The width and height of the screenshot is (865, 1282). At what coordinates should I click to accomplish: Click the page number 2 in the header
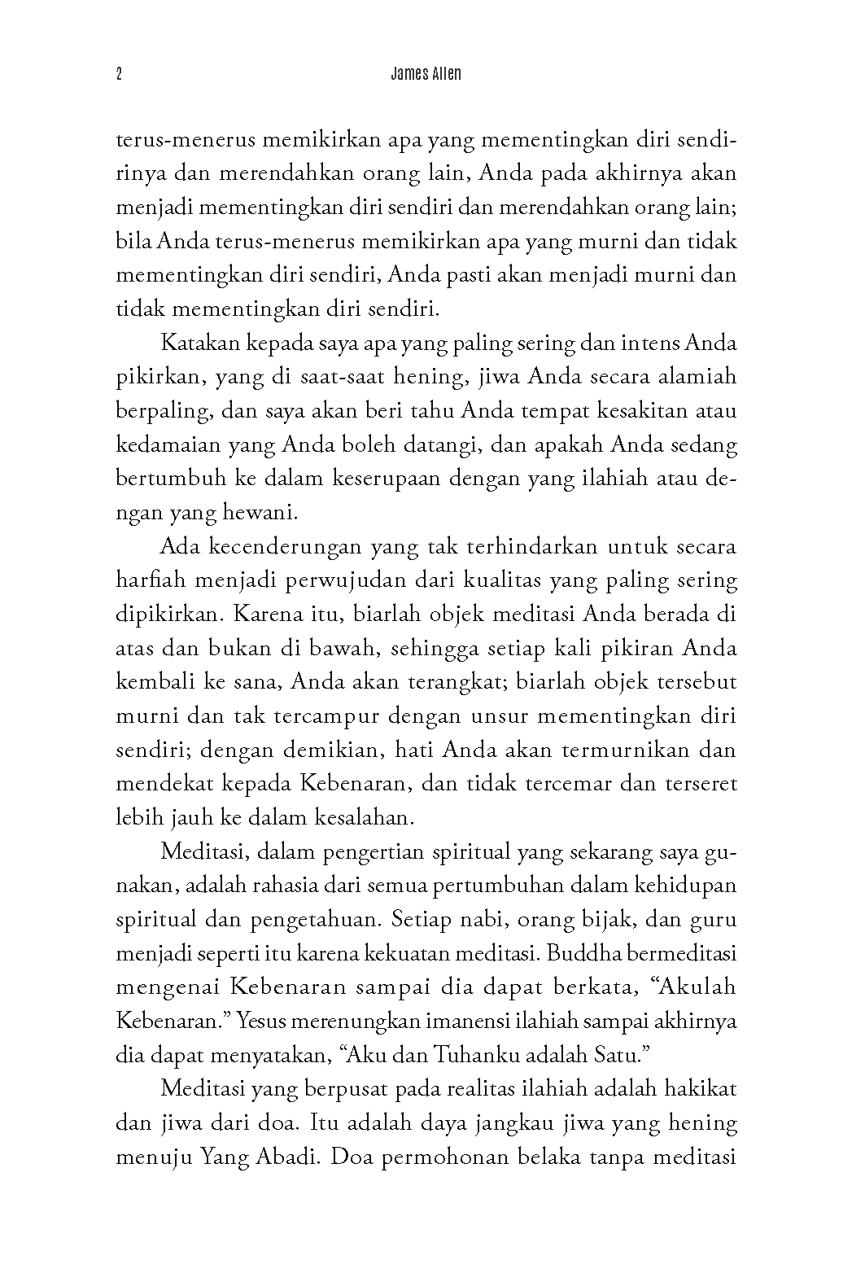(x=120, y=75)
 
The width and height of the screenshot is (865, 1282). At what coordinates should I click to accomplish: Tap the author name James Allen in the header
(x=426, y=74)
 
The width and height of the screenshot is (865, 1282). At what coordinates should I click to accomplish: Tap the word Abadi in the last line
(x=277, y=1157)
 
